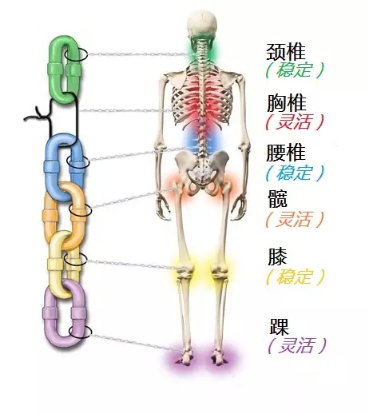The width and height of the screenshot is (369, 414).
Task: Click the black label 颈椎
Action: click(x=286, y=52)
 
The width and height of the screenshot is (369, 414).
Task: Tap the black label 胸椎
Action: click(x=287, y=103)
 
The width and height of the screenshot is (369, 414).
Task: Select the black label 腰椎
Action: click(x=286, y=153)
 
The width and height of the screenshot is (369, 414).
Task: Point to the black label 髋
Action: click(x=278, y=199)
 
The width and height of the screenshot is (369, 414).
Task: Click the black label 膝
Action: click(x=278, y=257)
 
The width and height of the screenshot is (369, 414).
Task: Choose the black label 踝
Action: click(x=280, y=327)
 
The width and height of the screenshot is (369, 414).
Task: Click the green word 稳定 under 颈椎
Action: click(x=294, y=70)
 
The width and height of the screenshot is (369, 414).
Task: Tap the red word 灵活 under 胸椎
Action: click(x=294, y=121)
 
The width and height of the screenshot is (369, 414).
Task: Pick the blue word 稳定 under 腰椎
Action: click(x=294, y=173)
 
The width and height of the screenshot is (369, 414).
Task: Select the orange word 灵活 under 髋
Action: click(x=294, y=219)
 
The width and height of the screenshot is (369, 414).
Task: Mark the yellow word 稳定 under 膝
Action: click(x=294, y=277)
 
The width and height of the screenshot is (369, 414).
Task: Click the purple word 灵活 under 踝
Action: click(x=296, y=345)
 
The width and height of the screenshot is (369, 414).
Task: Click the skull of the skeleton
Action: click(x=202, y=24)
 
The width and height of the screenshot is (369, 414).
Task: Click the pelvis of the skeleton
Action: click(x=202, y=170)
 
